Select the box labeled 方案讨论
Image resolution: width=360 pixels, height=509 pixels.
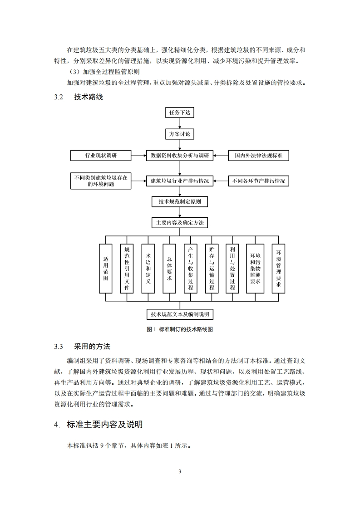coord(180,134)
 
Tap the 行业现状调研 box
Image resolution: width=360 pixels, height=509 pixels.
coord(100,156)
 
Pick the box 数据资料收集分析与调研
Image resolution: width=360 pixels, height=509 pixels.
coord(180,156)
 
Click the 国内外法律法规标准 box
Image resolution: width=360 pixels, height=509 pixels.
coord(258,156)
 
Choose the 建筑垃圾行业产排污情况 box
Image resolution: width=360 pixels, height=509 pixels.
coord(180,181)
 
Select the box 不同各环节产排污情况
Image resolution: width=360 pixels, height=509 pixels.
coord(258,181)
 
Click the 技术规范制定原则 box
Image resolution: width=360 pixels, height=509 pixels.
coord(180,202)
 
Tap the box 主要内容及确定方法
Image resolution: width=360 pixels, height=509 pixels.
coord(180,223)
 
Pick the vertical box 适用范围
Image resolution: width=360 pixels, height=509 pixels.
coord(105,269)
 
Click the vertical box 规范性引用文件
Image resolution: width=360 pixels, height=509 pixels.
coord(127,269)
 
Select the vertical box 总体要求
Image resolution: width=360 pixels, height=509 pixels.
coord(169,269)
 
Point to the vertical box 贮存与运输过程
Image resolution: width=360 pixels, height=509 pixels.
coord(212,269)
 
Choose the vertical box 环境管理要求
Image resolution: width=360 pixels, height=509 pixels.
coord(278,269)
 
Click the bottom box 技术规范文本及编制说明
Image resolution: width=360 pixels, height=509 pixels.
coord(180,314)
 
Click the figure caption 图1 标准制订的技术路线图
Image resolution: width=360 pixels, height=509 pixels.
coord(180,330)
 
